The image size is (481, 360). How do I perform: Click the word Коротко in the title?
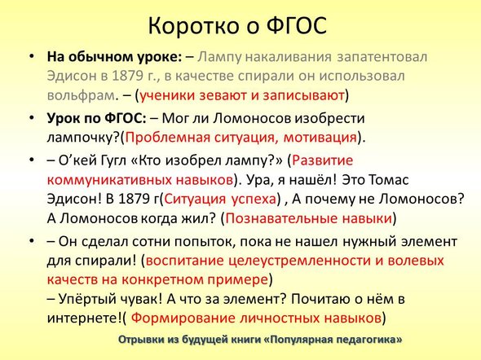tap(193, 25)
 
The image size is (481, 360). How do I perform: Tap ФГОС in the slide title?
tap(296, 25)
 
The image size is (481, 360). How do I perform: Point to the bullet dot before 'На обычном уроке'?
tap(32, 57)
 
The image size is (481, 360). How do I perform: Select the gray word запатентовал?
tap(382, 57)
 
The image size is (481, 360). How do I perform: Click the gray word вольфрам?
tap(81, 95)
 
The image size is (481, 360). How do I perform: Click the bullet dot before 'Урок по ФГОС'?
tap(32, 119)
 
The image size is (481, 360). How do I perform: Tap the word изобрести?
tap(329, 119)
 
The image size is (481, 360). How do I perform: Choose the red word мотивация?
tap(320, 138)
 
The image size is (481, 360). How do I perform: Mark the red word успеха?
tap(253, 200)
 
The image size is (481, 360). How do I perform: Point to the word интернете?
tap(84, 318)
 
